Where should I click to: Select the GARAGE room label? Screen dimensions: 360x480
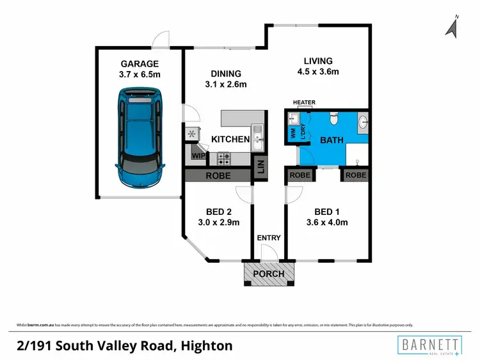pos(140,64)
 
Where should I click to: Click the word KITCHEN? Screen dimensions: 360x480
pos(230,139)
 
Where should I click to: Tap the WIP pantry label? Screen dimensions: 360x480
pos(198,155)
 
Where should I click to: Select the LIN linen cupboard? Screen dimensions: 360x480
pos(260,168)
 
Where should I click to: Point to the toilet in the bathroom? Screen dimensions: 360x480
pos(333,119)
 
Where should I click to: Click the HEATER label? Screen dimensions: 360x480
pos(304,102)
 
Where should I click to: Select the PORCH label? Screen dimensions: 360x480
pos(269,274)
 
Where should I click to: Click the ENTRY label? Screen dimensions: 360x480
pos(269,238)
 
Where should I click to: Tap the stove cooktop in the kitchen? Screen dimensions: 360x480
pos(224,155)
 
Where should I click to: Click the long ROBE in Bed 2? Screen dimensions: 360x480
pos(218,175)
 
